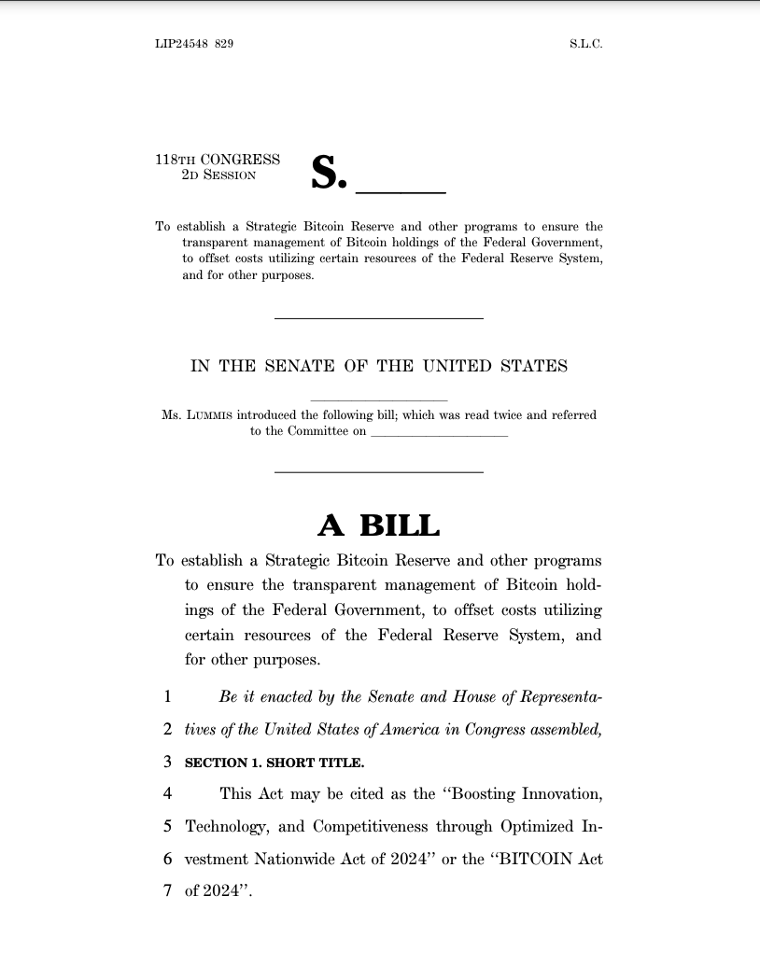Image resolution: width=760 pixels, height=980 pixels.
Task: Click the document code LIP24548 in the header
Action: (x=181, y=44)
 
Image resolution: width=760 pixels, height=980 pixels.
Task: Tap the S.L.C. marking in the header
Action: (x=585, y=44)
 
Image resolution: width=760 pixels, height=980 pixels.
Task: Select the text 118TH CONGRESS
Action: (x=218, y=160)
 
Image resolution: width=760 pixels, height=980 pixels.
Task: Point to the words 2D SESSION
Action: (x=218, y=175)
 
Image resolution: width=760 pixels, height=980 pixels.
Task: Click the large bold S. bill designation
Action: (x=329, y=173)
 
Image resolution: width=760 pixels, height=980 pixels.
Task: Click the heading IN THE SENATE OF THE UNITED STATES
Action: (x=379, y=366)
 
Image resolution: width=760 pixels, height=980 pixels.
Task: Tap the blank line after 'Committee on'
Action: (x=439, y=433)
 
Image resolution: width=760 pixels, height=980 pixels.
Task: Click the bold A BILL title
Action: (x=379, y=525)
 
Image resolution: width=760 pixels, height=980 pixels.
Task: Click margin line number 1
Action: (x=166, y=696)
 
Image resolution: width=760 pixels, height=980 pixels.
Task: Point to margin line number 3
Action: (x=166, y=762)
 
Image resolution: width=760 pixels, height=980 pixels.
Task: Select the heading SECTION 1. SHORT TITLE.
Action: (x=274, y=763)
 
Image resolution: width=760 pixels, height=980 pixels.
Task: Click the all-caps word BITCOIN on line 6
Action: (x=531, y=859)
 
